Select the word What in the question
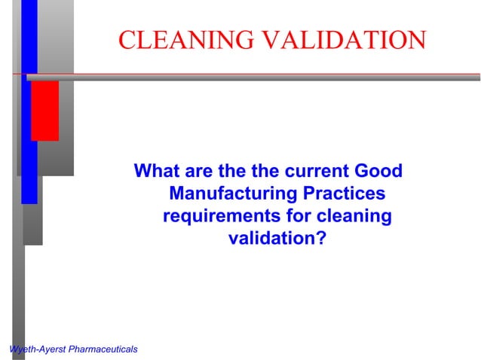156,171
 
